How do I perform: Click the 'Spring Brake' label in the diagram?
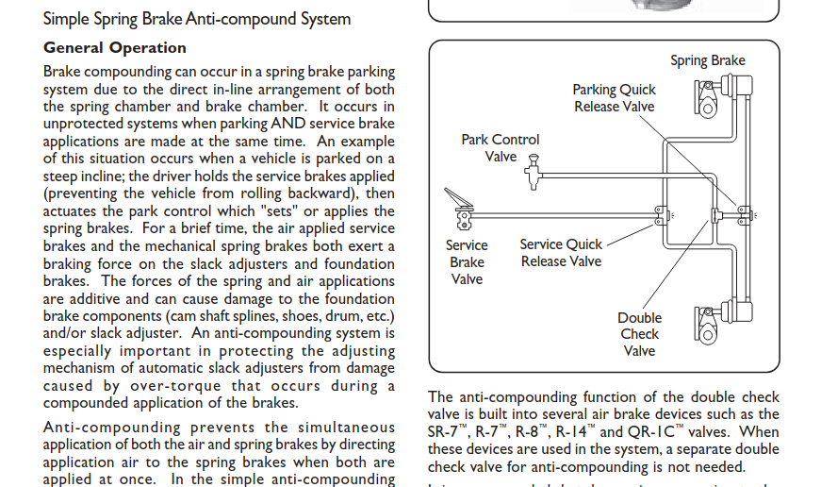pos(707,60)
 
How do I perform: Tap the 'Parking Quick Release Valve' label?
pos(614,98)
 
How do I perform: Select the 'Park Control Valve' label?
pos(501,148)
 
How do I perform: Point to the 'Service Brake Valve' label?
pos(467,261)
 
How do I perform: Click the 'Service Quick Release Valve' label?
pos(561,252)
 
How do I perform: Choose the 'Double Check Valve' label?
pos(639,334)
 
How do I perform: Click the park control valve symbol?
pos(534,170)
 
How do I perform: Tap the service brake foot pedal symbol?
pos(459,208)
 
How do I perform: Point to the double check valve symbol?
pos(716,217)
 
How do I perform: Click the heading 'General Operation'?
pos(115,48)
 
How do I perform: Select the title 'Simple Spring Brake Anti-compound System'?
pos(197,18)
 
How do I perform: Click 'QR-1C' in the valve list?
pos(652,431)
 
